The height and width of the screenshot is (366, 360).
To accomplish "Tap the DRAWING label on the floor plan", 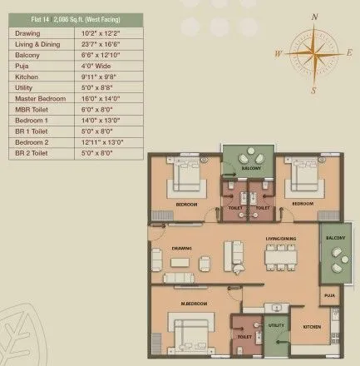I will click(x=182, y=247).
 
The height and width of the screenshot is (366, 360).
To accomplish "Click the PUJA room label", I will click(x=329, y=294).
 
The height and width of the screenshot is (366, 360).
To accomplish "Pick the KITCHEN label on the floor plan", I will click(x=312, y=327).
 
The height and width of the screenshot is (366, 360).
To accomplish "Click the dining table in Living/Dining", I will click(x=279, y=260).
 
